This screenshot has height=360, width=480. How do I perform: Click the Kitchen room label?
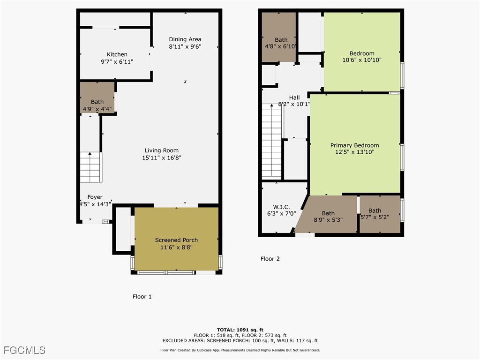coord(117,54)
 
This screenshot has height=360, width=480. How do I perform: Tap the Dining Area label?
coord(185,39)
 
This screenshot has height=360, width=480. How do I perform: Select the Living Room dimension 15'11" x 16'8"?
coord(161,158)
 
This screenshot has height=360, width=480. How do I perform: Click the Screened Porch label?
coord(176,240)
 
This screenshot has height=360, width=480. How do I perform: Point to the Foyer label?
coord(95,197)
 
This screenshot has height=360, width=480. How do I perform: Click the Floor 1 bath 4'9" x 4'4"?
coord(97,105)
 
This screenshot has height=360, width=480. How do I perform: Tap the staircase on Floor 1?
coord(90,167)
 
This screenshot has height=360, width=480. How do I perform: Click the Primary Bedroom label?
coord(354,145)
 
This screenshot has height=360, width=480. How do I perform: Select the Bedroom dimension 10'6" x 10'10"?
coord(362,60)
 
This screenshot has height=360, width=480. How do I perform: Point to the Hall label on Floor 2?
coord(294,97)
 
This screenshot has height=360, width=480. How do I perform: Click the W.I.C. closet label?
coord(281,207)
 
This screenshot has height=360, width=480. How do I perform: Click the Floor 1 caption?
coord(142,297)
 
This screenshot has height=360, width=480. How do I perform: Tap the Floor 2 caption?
coord(270,259)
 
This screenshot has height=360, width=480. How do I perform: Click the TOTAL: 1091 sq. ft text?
coord(240,330)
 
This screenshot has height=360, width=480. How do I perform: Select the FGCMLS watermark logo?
coord(24,350)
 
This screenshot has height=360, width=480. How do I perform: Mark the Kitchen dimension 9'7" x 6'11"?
coord(117,61)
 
